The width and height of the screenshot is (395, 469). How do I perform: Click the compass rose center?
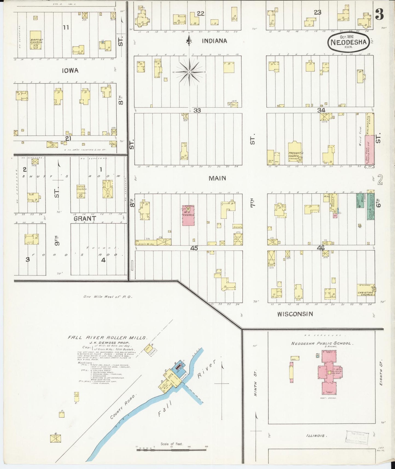[x=189, y=72]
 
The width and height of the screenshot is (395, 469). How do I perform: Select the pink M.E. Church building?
[x=188, y=215]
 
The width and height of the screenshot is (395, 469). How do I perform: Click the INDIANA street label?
[x=214, y=41]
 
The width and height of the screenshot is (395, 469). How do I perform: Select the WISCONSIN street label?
[x=295, y=314]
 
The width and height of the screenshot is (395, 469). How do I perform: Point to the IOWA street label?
[x=70, y=71]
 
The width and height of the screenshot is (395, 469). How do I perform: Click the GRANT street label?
[x=85, y=218]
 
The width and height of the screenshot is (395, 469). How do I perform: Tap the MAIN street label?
[x=217, y=178]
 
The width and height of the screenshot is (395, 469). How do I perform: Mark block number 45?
[x=194, y=248]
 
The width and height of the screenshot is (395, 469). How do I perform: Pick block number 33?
[x=197, y=110]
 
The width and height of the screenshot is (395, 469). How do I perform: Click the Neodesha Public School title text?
[x=322, y=343]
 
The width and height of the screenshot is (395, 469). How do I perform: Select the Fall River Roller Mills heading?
[x=107, y=338]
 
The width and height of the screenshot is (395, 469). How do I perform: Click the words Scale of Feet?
[x=172, y=444]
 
